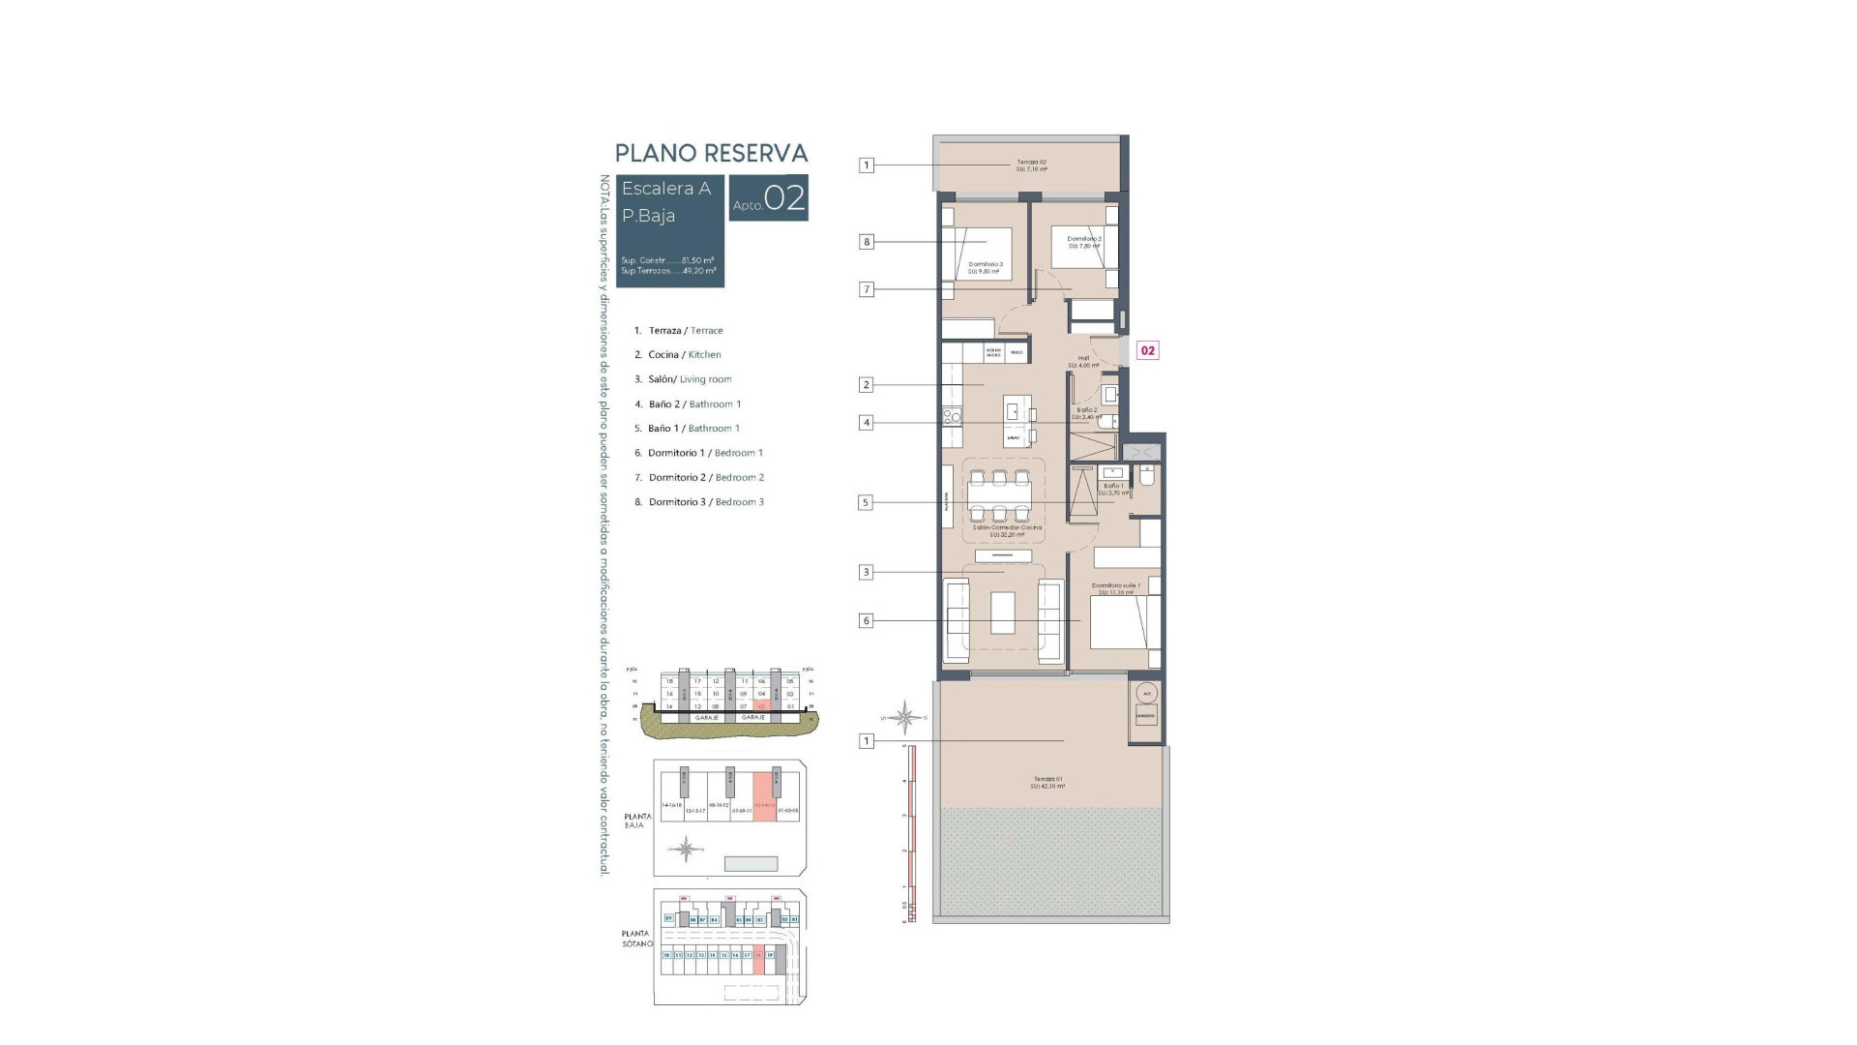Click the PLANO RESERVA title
[711, 153]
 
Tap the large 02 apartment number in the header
[784, 198]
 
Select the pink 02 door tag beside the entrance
[1147, 350]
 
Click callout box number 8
[867, 242]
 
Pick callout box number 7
[867, 289]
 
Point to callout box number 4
[867, 423]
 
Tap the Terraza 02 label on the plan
[1031, 165]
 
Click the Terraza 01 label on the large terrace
[1047, 783]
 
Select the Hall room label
[1083, 361]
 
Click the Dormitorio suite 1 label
[1116, 588]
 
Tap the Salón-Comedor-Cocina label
[1007, 530]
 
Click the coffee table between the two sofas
[1003, 612]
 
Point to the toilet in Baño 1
[1147, 477]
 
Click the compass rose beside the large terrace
[905, 717]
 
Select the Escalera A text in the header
[665, 189]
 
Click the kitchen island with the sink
[1015, 420]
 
